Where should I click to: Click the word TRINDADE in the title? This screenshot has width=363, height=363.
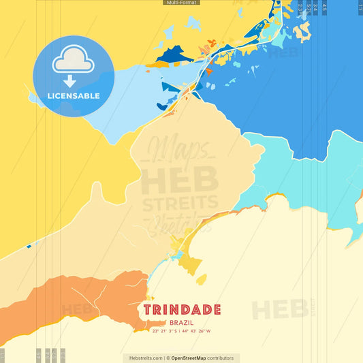(182, 310)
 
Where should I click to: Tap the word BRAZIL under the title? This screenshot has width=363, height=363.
(182, 321)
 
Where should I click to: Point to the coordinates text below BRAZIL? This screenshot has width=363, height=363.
(182, 331)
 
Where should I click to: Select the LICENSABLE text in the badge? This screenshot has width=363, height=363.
(74, 96)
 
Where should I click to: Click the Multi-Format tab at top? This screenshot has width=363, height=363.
(181, 3)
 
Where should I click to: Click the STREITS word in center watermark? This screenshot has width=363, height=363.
(181, 203)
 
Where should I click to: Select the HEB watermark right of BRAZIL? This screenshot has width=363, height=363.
(279, 310)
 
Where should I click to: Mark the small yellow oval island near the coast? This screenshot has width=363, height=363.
(202, 279)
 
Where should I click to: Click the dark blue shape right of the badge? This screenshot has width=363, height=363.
(174, 53)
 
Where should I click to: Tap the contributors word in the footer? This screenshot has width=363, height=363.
(221, 358)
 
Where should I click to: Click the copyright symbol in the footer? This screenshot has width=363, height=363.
(168, 358)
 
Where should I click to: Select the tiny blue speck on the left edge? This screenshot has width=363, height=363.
(29, 246)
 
